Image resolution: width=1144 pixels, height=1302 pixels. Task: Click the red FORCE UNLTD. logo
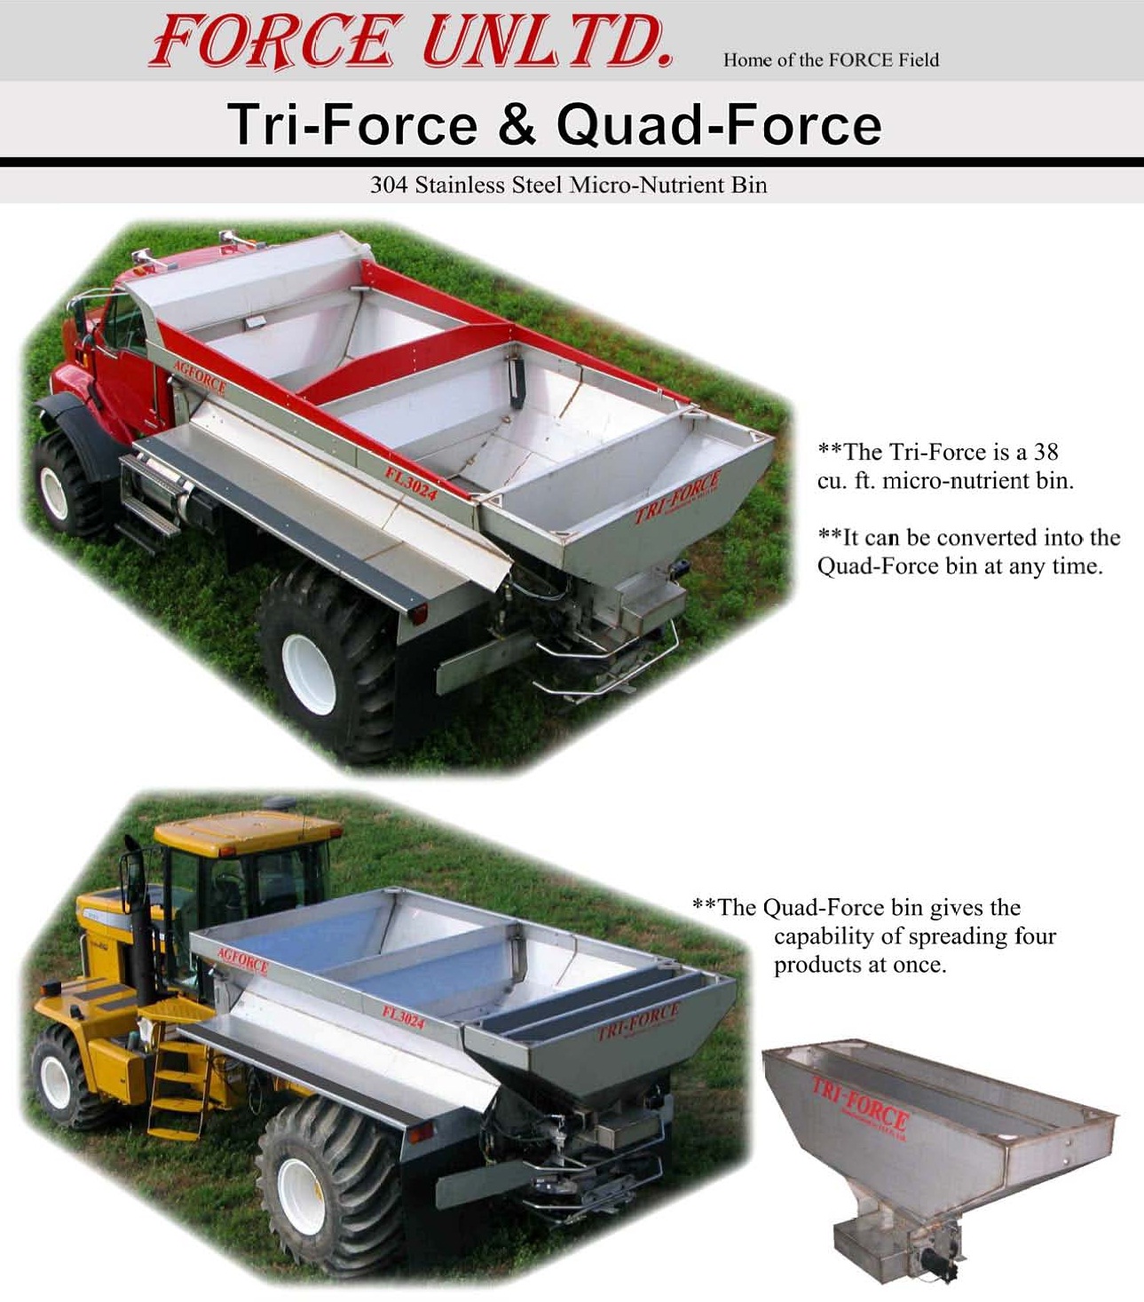coord(411,41)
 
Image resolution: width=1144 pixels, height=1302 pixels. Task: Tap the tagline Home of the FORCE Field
coord(831,60)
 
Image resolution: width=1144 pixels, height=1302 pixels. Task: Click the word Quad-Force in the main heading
coord(719,124)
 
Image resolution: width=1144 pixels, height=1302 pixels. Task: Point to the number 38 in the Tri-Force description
coord(1045,452)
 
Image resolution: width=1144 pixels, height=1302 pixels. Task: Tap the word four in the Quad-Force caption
coord(1035,935)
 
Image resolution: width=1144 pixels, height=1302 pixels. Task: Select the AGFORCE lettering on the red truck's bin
coord(199,376)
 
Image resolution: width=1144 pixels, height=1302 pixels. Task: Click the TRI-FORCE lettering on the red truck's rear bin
coord(677,496)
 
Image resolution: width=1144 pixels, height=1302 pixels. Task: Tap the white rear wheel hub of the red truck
coord(308,675)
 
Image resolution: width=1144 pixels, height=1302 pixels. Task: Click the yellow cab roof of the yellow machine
coord(247,832)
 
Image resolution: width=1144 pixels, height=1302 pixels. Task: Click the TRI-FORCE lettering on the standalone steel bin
coord(859,1103)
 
